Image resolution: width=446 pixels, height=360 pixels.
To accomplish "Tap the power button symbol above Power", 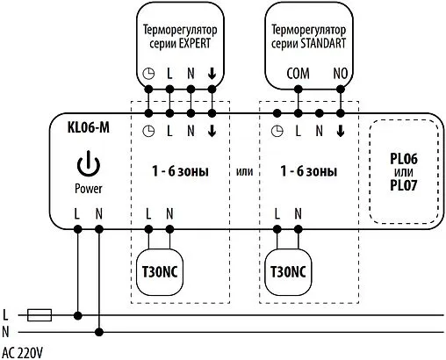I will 88,164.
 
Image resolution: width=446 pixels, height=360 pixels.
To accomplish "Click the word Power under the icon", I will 88,188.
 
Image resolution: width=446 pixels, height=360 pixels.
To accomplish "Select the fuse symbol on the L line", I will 40,313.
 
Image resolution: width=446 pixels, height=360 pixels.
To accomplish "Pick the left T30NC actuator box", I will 158,270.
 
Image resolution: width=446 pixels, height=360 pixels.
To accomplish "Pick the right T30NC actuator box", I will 287,270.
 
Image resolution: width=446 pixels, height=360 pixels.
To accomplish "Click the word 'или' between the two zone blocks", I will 245,171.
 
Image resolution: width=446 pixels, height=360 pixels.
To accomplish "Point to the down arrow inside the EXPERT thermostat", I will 212,75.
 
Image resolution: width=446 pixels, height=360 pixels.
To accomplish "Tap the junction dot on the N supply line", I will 98,331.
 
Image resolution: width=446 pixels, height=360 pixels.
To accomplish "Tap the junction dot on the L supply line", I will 78,313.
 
